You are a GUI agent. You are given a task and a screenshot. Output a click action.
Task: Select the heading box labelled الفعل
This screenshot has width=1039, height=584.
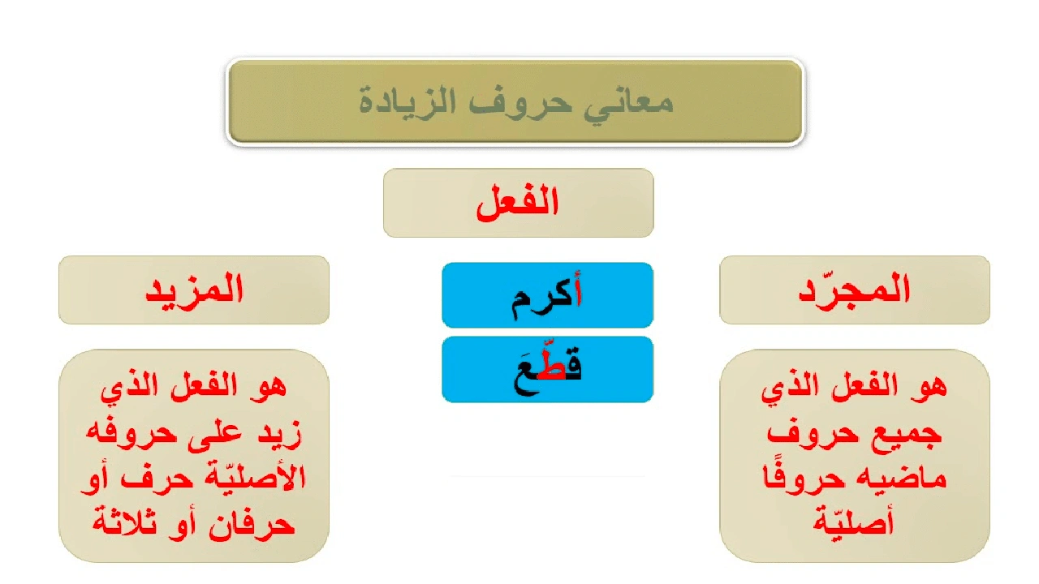point(518,203)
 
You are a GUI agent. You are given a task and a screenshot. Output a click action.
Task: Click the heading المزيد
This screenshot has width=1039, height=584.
point(194,290)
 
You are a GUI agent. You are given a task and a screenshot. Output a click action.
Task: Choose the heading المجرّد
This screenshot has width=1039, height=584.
point(855,290)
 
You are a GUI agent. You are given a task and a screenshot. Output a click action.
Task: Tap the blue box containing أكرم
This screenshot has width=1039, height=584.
point(547,295)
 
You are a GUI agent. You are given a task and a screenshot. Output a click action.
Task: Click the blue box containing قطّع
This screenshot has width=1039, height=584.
point(547,370)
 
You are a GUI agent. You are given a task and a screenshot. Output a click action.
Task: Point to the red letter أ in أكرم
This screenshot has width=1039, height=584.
point(576,294)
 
